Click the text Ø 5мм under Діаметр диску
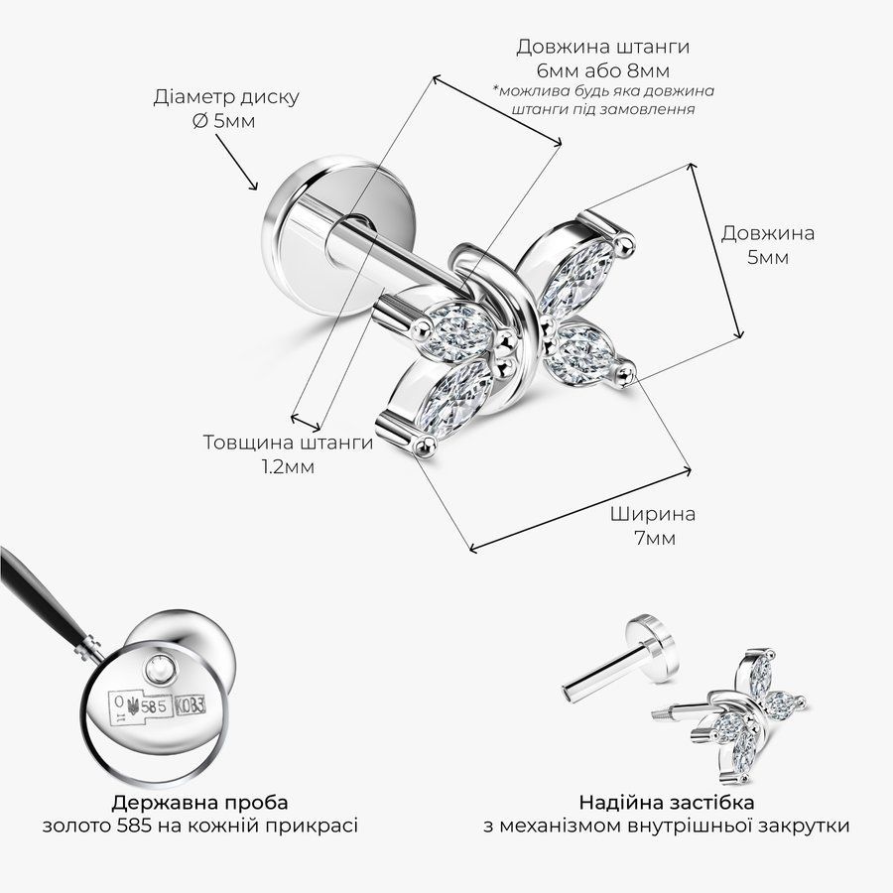(223, 121)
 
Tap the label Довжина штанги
(602, 47)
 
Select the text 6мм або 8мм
(602, 71)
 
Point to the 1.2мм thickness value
(288, 467)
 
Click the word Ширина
(653, 514)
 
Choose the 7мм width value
(655, 538)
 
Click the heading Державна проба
(199, 803)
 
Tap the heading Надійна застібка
(667, 803)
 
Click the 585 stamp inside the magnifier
(154, 706)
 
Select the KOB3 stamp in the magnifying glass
(191, 706)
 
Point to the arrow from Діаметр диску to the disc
(236, 163)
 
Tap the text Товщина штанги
(288, 443)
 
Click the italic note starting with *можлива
(602, 99)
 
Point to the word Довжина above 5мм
(768, 233)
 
